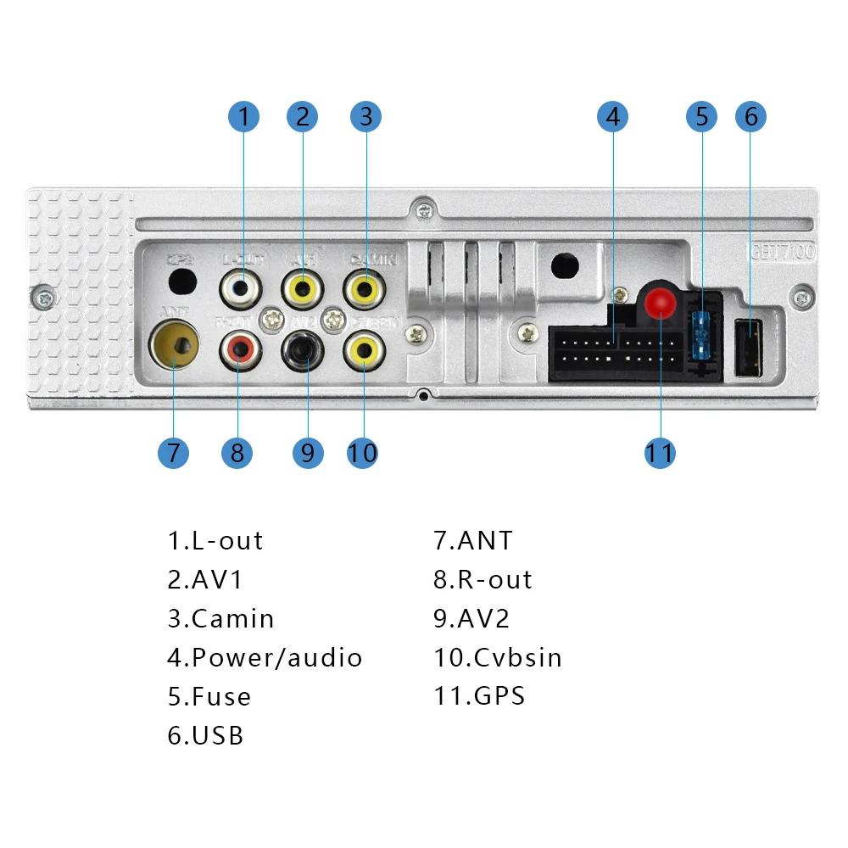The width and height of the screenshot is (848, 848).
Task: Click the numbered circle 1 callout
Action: pos(244,116)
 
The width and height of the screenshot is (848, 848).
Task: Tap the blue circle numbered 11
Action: pos(660,452)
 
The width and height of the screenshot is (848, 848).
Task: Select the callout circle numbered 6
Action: pos(750,116)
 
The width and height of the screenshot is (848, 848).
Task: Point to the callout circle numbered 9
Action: pos(308,452)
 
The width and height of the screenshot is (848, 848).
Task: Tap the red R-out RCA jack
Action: pos(238,349)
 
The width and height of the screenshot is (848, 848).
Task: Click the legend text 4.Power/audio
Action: pos(265,657)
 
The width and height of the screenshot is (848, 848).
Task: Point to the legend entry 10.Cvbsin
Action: pos(498,657)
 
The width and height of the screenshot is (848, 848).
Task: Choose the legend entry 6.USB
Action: pos(205,735)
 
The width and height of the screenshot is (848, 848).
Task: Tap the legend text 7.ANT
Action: pos(473,540)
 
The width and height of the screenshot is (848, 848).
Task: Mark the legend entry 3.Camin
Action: pos(220,618)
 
